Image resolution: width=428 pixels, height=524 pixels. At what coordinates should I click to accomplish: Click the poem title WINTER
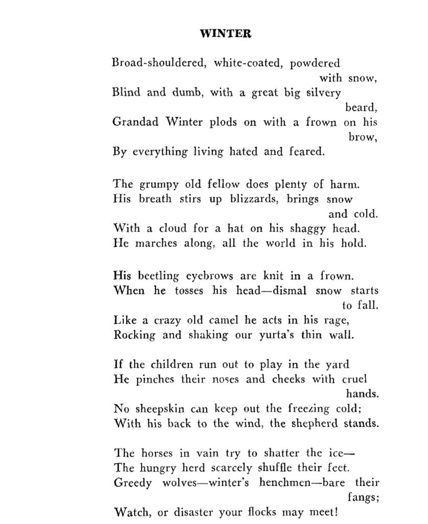225,34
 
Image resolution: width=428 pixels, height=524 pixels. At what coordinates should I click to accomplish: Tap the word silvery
323,93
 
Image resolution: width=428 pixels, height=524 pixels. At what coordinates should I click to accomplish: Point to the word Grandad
136,122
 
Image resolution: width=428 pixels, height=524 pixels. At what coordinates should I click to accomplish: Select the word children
172,365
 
